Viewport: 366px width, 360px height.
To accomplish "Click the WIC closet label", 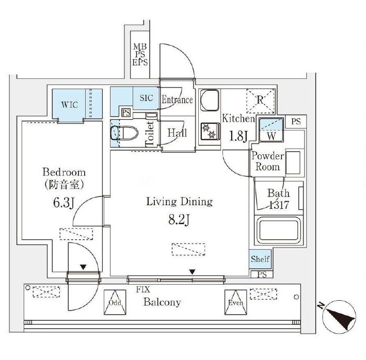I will pyautogui.click(x=70, y=104).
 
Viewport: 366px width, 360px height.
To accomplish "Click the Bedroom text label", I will pyautogui.click(x=64, y=172).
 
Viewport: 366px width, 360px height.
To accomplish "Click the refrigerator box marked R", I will pyautogui.click(x=261, y=100).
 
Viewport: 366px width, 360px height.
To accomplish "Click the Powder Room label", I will pyautogui.click(x=267, y=161).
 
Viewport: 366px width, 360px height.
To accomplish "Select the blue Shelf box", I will pyautogui.click(x=260, y=259).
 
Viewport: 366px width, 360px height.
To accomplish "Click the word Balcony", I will pyautogui.click(x=162, y=302).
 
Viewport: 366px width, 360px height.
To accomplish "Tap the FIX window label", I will pyautogui.click(x=143, y=290).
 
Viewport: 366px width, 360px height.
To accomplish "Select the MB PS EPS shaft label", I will pyautogui.click(x=140, y=55).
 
